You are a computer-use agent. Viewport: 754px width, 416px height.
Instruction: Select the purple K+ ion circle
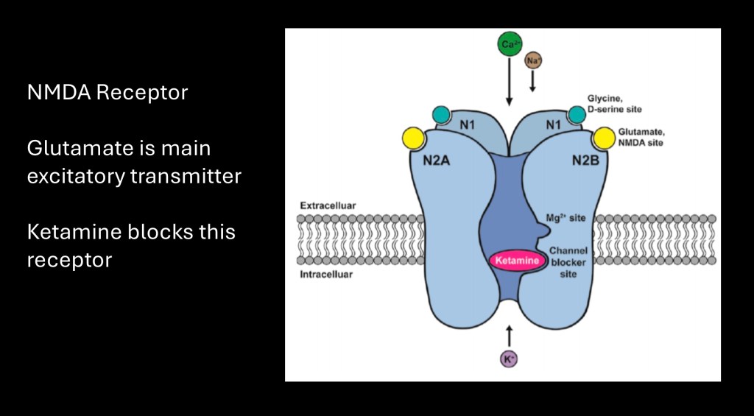coord(508,359)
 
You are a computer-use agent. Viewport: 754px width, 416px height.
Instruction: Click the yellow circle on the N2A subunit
coord(414,137)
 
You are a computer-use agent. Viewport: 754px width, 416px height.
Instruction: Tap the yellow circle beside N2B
coord(605,137)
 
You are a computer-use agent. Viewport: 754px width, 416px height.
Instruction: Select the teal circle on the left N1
coord(441,114)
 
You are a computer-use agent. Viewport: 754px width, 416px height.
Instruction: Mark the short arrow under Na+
coord(533,82)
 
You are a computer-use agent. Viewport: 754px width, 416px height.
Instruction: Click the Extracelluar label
coord(323,205)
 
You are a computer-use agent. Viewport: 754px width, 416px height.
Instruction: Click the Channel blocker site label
coord(567,261)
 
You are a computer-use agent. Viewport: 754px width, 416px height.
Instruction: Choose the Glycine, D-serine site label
coord(614,104)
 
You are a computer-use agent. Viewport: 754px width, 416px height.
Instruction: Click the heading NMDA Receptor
coord(108,93)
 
